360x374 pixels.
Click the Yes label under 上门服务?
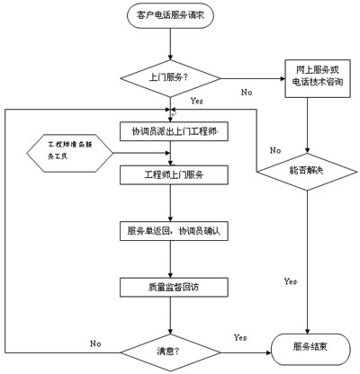click(196, 102)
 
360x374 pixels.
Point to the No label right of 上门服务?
click(246, 92)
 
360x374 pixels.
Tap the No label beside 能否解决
click(275, 150)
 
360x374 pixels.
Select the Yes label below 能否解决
click(291, 281)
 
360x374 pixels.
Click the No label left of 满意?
click(94, 343)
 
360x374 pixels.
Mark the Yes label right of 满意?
click(240, 337)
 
